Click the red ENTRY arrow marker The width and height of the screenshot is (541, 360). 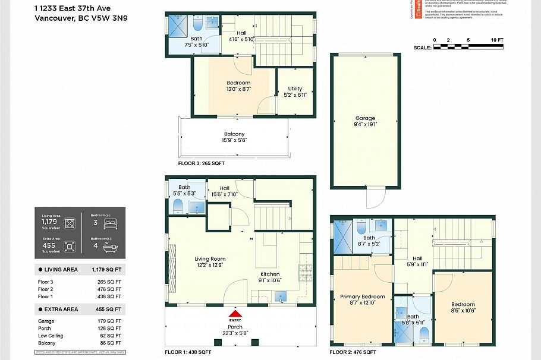point(235,314)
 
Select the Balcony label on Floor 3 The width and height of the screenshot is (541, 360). point(234,134)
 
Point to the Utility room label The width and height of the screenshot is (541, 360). point(295,89)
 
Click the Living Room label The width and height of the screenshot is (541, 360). point(210,259)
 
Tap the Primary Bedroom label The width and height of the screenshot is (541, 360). point(362,296)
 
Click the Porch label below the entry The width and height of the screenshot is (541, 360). point(235,327)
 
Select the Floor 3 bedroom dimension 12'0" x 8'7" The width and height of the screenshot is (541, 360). point(238,89)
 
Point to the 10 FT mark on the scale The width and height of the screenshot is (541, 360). point(496,40)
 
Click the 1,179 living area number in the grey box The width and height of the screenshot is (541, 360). point(49,221)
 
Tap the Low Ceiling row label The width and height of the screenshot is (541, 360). point(50,336)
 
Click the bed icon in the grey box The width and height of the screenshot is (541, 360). point(111,224)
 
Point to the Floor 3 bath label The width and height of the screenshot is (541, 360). point(196,39)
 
